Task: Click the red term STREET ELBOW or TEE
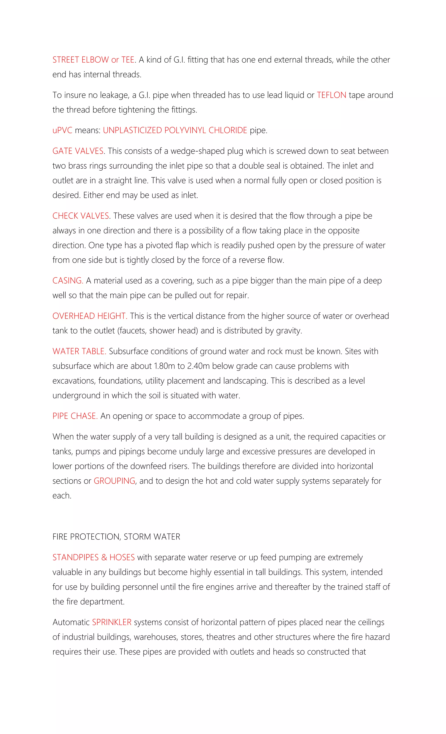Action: click(93, 60)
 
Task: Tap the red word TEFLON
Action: click(331, 95)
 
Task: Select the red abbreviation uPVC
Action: click(62, 131)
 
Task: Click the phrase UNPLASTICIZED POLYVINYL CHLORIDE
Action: click(175, 131)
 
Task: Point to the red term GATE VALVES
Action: click(78, 151)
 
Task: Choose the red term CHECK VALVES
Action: click(81, 216)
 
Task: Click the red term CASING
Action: click(68, 281)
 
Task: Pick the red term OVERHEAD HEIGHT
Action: click(90, 316)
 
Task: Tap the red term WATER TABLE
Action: click(79, 351)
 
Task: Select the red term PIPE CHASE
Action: click(75, 416)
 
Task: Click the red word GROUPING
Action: click(115, 481)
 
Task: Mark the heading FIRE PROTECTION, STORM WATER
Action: click(116, 537)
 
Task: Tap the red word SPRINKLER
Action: click(112, 622)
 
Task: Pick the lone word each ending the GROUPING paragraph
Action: click(62, 496)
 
